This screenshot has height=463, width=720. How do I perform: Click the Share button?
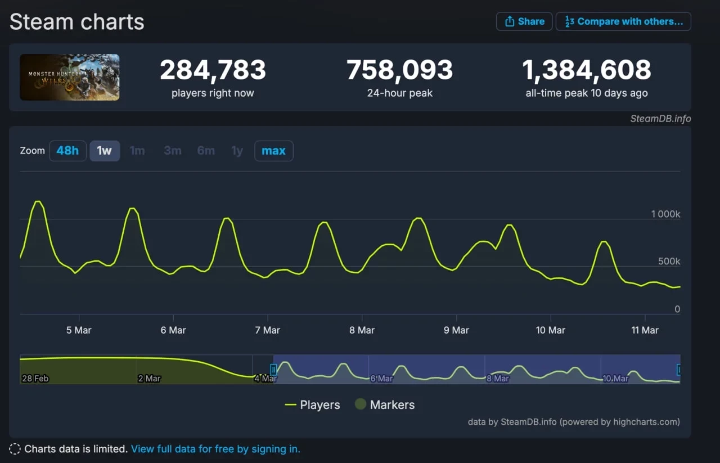(x=524, y=21)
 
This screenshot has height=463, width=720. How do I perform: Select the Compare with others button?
(x=623, y=21)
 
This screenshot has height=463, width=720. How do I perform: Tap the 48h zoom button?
(x=67, y=151)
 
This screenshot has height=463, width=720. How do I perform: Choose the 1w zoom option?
(x=105, y=151)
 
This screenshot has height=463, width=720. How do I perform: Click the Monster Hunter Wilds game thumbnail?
(x=70, y=77)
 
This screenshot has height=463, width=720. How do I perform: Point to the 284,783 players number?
(x=213, y=70)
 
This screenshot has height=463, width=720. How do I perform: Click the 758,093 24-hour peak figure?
(x=399, y=70)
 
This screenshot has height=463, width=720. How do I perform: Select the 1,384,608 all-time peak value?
(x=587, y=70)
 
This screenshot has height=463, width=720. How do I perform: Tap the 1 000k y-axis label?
(x=665, y=214)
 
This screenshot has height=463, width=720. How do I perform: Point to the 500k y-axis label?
(x=669, y=262)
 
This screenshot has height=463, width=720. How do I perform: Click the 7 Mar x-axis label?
(x=267, y=330)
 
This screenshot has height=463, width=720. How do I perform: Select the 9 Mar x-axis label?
(x=456, y=330)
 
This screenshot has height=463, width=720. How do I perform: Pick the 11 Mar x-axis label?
(x=645, y=330)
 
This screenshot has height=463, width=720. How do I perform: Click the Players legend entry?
(x=313, y=405)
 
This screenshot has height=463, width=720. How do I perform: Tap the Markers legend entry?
(x=385, y=405)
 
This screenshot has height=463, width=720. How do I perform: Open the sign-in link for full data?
(x=215, y=449)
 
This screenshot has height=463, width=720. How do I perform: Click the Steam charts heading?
(x=77, y=22)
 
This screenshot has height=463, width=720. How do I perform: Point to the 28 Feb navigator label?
(x=35, y=379)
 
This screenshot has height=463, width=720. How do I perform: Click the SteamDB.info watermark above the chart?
(x=660, y=119)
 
